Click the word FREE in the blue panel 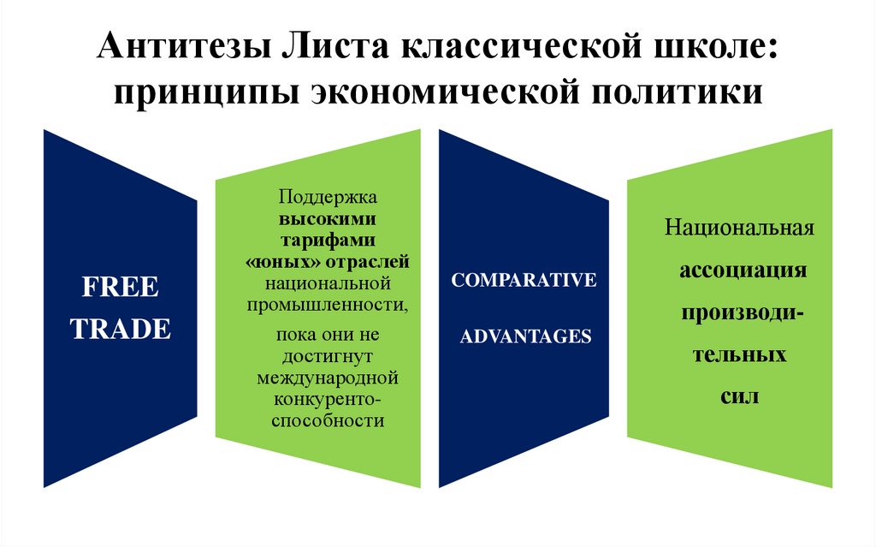coord(120,287)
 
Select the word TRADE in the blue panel coord(120,329)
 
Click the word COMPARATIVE coord(524,281)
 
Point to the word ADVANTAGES coord(525,336)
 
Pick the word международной coord(328,377)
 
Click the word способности coord(328,421)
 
